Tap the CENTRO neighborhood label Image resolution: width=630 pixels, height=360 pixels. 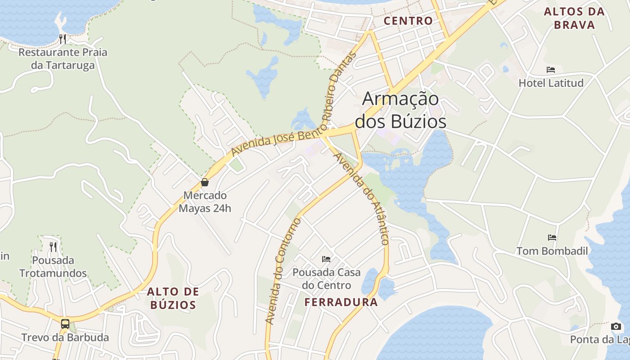408,21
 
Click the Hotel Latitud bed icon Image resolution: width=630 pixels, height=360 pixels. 551,70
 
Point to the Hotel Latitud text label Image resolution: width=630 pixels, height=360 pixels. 551,83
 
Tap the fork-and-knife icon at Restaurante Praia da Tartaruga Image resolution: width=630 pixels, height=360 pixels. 63,39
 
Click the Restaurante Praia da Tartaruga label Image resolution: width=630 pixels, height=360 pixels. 63,58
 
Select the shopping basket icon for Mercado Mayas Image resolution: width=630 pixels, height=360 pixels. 205,182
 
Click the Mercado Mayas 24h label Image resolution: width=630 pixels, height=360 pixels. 205,202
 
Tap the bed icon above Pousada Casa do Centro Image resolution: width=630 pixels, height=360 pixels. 326,259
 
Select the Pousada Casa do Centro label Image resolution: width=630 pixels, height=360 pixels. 326,279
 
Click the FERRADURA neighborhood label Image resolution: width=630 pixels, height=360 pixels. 341,302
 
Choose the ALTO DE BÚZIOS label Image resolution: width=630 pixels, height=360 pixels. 173,298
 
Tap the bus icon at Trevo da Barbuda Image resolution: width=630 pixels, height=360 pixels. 65,324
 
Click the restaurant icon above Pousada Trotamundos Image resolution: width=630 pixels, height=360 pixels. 53,247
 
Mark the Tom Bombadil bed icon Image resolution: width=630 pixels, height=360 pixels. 552,238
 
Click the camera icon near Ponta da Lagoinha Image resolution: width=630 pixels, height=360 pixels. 616,327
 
